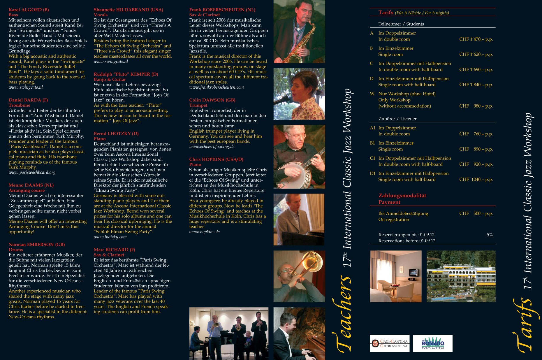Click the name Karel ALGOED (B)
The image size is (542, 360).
pyautogui.click(x=29, y=10)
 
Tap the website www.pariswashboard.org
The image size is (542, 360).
pyautogui.click(x=32, y=172)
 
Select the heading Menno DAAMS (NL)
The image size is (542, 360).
pyautogui.click(x=31, y=185)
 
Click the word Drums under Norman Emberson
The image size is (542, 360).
pyautogui.click(x=16, y=250)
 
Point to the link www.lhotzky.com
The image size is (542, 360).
pyautogui.click(x=110, y=237)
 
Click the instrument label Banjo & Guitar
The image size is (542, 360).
pyautogui.click(x=110, y=79)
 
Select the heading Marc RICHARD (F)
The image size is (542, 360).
pyautogui.click(x=115, y=250)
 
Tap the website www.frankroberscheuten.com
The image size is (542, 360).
pyautogui.click(x=217, y=87)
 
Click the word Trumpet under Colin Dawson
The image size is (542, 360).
pyautogui.click(x=198, y=105)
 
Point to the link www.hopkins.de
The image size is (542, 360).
pyautogui.click(x=204, y=232)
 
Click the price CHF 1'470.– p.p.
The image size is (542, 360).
pyautogui.click(x=476, y=39)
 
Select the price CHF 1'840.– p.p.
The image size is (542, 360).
pyautogui.click(x=476, y=85)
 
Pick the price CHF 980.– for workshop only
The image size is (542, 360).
pyautogui.click(x=476, y=106)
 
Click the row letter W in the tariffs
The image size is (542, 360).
pyautogui.click(x=372, y=94)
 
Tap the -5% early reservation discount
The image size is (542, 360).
pyautogui.click(x=489, y=235)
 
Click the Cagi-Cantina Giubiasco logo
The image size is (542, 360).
pyautogui.click(x=390, y=343)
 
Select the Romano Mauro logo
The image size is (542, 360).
pyautogui.click(x=433, y=343)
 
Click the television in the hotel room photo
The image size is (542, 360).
pyautogui.click(x=414, y=273)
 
